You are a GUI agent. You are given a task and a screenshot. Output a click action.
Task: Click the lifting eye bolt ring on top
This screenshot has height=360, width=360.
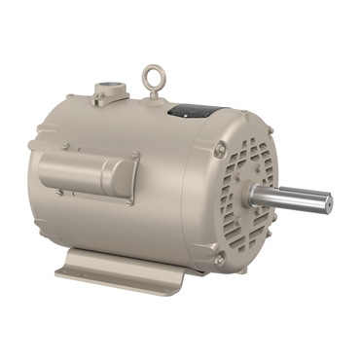pyautogui.click(x=150, y=75)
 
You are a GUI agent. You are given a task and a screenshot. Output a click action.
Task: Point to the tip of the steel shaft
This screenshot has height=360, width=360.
pyautogui.click(x=329, y=203)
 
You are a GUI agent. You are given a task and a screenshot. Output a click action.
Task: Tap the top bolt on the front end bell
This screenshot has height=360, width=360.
pyautogui.click(x=221, y=149)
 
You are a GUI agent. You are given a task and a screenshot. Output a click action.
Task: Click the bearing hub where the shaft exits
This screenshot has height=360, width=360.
pyautogui.click(x=255, y=196)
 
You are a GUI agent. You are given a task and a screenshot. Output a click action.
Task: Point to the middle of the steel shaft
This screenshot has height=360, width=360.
pyautogui.click(x=292, y=198)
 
